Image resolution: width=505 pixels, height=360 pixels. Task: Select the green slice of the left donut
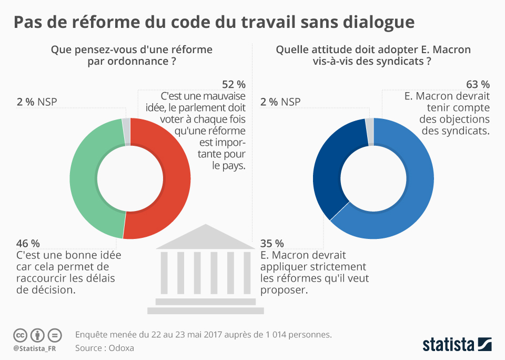84,179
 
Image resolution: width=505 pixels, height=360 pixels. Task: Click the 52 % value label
234,85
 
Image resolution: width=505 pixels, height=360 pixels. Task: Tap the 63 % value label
478,85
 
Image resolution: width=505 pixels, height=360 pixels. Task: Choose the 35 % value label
272,243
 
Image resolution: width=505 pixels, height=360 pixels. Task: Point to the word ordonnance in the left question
137,62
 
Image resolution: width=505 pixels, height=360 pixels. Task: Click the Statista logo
457,345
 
